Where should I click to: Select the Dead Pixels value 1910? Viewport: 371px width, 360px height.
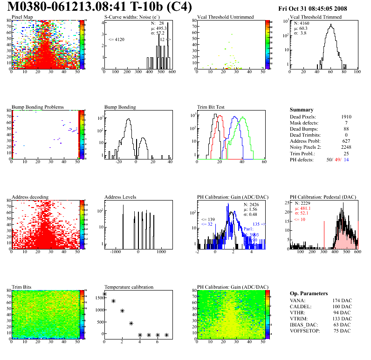point(346,117)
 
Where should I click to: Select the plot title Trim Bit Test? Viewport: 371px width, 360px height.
point(211,107)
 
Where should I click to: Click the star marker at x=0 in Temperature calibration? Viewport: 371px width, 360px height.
point(104,294)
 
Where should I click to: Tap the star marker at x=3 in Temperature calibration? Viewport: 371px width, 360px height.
point(131,323)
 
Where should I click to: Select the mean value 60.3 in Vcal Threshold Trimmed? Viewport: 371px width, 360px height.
point(302,28)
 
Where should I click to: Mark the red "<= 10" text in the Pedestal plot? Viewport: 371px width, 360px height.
point(300,218)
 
